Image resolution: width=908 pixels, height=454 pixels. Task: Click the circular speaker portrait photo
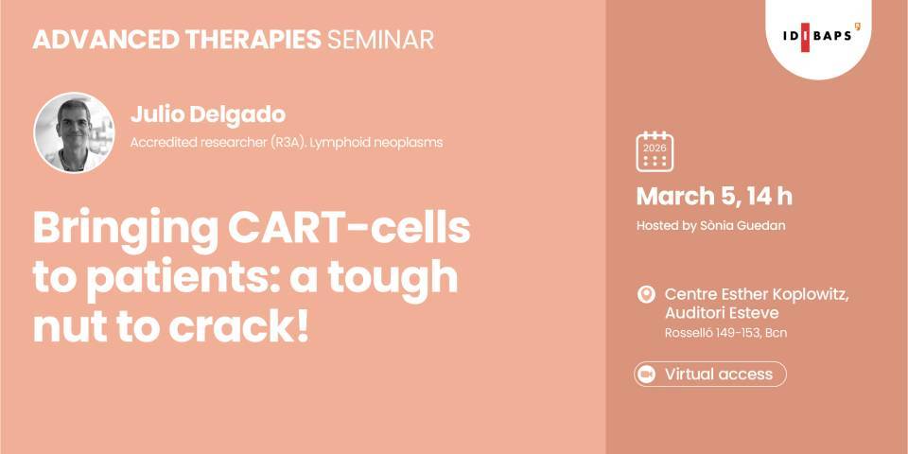74,132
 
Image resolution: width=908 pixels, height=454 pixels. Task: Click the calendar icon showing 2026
655,151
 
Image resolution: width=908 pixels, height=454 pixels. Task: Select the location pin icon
647,294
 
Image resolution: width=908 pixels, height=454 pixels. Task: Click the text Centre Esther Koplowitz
756,294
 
